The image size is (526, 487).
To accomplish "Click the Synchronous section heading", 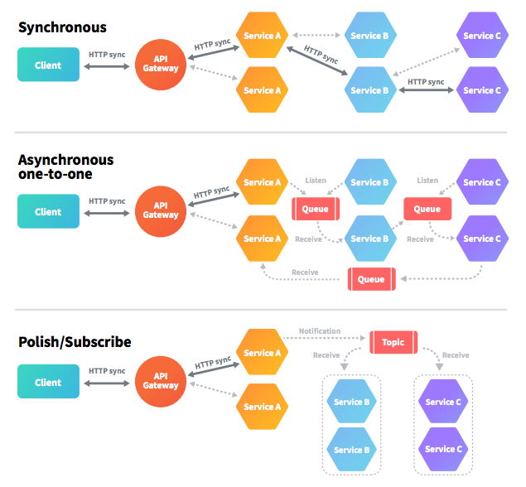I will pyautogui.click(x=62, y=27).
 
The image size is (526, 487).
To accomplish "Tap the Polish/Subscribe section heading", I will pyautogui.click(x=75, y=341).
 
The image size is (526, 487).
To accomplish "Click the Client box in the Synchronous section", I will pyautogui.click(x=48, y=65).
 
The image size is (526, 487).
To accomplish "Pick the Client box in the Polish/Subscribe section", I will pyautogui.click(x=48, y=383).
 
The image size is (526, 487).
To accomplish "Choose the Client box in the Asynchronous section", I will pyautogui.click(x=48, y=212).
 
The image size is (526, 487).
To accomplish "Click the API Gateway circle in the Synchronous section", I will pyautogui.click(x=161, y=64).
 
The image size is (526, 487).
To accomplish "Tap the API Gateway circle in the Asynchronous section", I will pyautogui.click(x=161, y=210).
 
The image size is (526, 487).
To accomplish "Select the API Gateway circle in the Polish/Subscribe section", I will pyautogui.click(x=161, y=381).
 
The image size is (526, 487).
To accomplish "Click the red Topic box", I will pyautogui.click(x=393, y=342).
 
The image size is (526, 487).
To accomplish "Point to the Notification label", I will pyautogui.click(x=320, y=331).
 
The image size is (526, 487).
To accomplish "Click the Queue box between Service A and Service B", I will pyautogui.click(x=315, y=209).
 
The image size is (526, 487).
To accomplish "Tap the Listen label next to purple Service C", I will pyautogui.click(x=427, y=181).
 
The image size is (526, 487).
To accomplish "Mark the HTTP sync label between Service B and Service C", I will pyautogui.click(x=426, y=81).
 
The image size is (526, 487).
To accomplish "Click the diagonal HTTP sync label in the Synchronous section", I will pyautogui.click(x=321, y=55).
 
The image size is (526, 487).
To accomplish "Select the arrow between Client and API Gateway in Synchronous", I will pyautogui.click(x=107, y=66).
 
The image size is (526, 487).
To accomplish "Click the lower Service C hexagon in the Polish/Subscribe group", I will pyautogui.click(x=442, y=449).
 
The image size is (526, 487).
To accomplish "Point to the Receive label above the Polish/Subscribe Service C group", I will pyautogui.click(x=456, y=355).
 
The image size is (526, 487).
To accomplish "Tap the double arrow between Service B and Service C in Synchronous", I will pyautogui.click(x=426, y=91).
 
